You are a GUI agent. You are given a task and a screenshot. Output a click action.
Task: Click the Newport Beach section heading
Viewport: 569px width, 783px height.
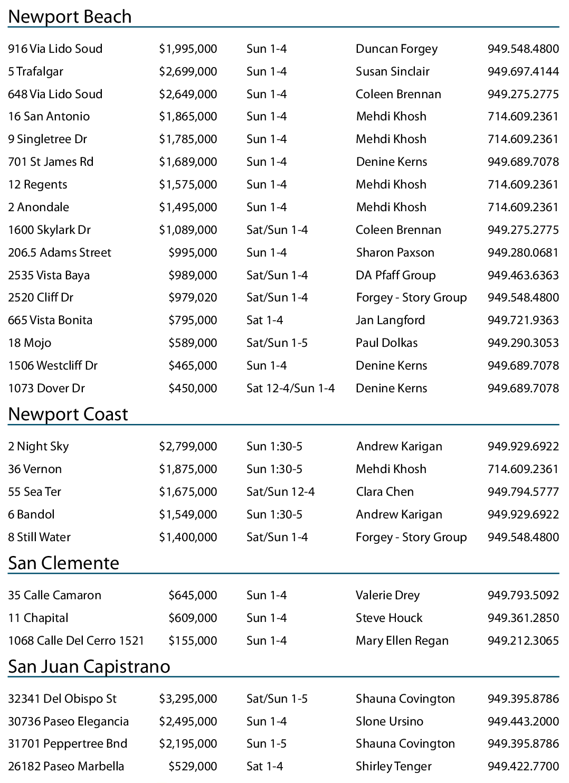click(70, 17)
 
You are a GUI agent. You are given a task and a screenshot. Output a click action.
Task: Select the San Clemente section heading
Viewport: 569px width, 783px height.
click(63, 563)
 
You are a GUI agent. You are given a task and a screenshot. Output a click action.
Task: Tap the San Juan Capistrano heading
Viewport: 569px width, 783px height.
click(89, 667)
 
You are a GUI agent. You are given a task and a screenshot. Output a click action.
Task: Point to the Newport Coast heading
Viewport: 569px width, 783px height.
click(68, 414)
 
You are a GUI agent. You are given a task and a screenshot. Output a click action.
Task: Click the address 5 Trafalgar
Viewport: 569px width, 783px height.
click(35, 71)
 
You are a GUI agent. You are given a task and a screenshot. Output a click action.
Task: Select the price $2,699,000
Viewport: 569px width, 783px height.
click(188, 71)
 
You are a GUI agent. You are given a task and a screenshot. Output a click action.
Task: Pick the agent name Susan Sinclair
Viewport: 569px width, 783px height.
click(392, 71)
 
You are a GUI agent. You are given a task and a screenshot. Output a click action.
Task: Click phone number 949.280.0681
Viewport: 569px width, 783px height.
click(523, 252)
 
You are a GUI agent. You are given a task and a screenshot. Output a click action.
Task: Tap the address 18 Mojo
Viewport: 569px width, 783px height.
click(30, 343)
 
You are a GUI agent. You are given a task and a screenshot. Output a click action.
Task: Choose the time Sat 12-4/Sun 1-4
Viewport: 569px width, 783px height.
click(290, 389)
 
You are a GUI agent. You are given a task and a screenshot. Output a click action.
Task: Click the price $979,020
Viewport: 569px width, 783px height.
click(193, 298)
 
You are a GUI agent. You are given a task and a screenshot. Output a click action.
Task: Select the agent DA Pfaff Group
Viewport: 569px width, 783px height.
click(395, 275)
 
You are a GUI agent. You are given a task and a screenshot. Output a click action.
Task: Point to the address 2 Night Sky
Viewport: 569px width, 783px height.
click(38, 447)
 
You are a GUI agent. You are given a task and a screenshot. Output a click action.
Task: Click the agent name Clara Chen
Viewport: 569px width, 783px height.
click(384, 492)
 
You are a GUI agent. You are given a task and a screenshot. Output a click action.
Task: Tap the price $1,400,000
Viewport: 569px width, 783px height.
click(188, 537)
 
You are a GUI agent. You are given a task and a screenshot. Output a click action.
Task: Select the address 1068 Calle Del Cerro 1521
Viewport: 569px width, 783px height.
click(75, 641)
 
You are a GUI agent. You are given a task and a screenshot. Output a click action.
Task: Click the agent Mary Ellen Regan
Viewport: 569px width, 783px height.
click(402, 641)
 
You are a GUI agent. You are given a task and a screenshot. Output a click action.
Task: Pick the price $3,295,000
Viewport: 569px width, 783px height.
click(188, 699)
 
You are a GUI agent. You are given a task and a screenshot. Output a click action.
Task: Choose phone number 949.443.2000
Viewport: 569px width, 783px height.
click(523, 722)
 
